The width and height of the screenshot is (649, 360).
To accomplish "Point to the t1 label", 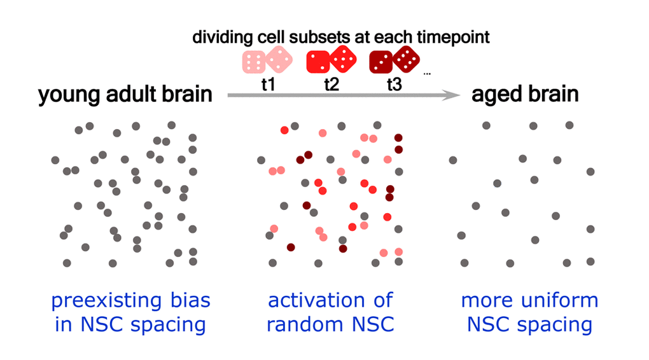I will click(268, 85).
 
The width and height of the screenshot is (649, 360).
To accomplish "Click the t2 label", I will click(331, 85).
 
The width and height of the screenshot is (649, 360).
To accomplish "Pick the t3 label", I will click(394, 85).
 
